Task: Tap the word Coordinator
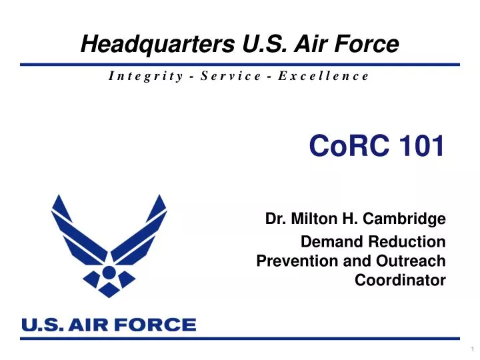(400, 281)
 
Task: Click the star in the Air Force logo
(109, 272)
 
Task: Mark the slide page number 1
(471, 349)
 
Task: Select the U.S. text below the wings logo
(41, 325)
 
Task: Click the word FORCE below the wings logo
(163, 325)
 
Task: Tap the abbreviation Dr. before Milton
(272, 218)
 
